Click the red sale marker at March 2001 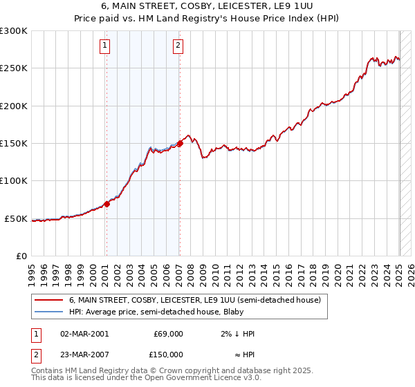(x=107, y=204)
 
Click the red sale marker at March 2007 (x=180, y=143)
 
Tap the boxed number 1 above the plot (x=104, y=46)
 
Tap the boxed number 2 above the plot (x=178, y=46)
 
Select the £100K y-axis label (x=14, y=181)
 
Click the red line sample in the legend (x=48, y=301)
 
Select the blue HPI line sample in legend (x=48, y=312)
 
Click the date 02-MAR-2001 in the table (x=84, y=334)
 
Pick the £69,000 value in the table (x=168, y=334)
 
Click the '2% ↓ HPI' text (x=238, y=334)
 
